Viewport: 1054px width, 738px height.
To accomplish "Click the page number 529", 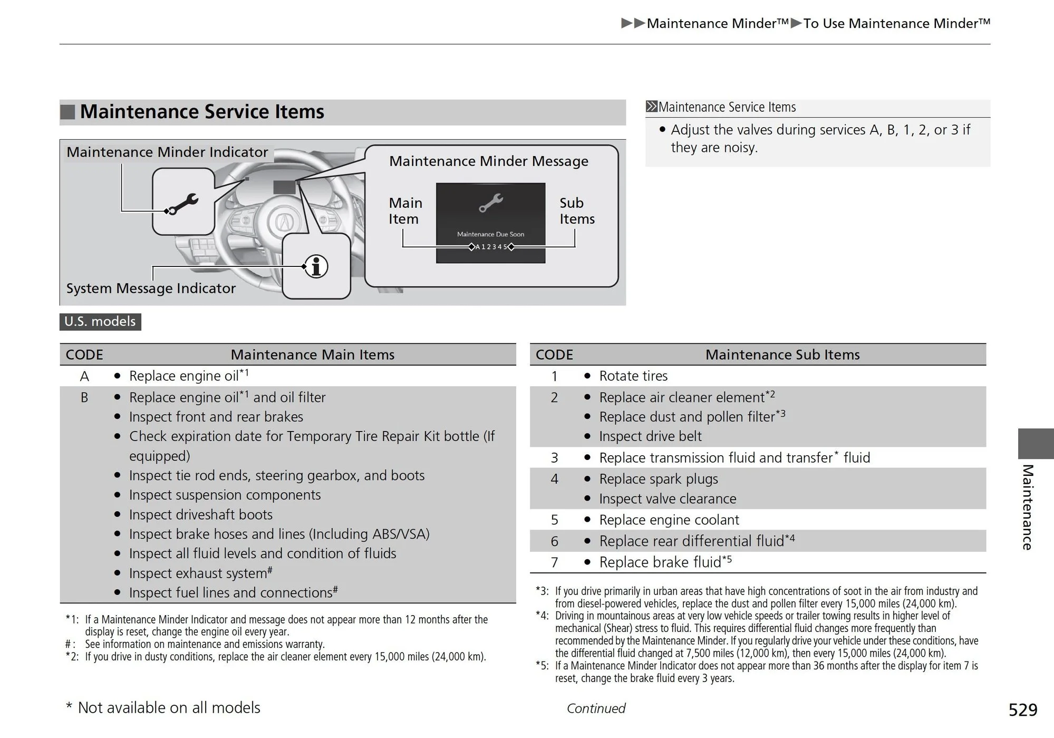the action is [x=1022, y=710].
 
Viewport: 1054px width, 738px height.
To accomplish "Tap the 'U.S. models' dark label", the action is [x=100, y=321].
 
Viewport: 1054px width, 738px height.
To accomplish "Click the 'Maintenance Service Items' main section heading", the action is [x=202, y=112].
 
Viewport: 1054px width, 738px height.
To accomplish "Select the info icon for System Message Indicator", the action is [x=316, y=266].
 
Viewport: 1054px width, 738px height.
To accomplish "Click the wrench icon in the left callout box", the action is [x=182, y=203].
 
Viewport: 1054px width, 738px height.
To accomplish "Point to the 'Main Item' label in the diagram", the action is [x=405, y=211].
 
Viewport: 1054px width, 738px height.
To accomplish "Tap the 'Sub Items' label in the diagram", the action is [x=577, y=211].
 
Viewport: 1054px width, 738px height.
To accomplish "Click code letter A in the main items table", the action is [x=84, y=377].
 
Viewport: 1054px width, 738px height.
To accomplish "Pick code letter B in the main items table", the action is [x=84, y=398].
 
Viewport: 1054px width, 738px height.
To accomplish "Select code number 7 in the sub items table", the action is [x=554, y=563].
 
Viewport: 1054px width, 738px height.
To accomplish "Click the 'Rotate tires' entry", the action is [x=633, y=376].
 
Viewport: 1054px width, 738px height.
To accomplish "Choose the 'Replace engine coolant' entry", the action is [x=669, y=520].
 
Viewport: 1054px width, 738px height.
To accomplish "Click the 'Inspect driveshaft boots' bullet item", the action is [x=201, y=515].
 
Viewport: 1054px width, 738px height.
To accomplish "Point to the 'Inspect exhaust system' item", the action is [x=201, y=573].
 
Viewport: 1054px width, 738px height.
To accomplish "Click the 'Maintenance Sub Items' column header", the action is [x=782, y=355].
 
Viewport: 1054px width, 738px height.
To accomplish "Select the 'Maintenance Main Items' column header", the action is [x=313, y=355].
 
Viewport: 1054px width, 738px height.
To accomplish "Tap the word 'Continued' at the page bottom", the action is [x=596, y=708].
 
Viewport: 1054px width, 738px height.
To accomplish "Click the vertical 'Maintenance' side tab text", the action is [x=1027, y=507].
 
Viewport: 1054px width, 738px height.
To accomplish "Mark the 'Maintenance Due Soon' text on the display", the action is [x=490, y=234].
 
